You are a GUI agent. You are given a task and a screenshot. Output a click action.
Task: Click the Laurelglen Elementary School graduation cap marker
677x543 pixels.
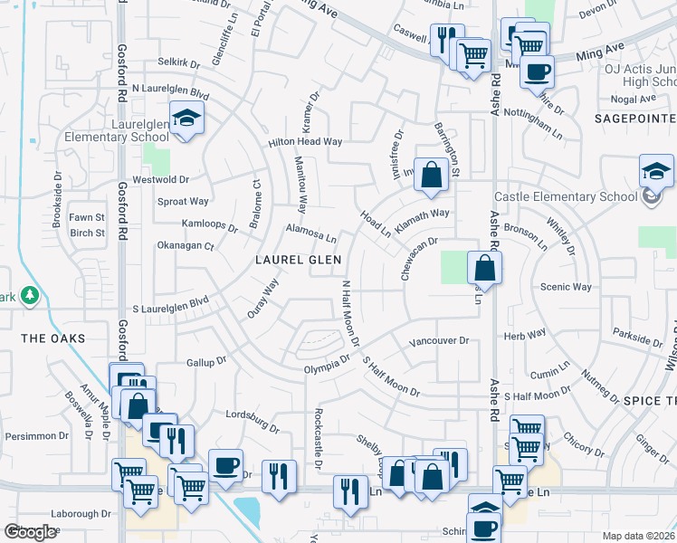click(186, 119)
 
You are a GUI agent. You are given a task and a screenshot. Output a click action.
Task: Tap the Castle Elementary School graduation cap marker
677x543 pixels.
click(656, 171)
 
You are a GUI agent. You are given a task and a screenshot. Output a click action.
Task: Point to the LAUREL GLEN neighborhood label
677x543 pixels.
click(298, 260)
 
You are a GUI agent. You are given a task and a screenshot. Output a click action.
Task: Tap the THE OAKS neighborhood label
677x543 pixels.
click(52, 338)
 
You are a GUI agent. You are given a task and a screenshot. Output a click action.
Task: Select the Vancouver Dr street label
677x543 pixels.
click(439, 341)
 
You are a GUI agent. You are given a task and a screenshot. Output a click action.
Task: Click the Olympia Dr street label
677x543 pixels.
click(327, 363)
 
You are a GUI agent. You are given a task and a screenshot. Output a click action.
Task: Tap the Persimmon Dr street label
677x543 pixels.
click(33, 435)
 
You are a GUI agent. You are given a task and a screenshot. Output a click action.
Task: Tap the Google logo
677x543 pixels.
click(31, 531)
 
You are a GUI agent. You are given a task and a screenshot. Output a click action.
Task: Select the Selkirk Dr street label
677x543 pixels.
click(177, 62)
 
